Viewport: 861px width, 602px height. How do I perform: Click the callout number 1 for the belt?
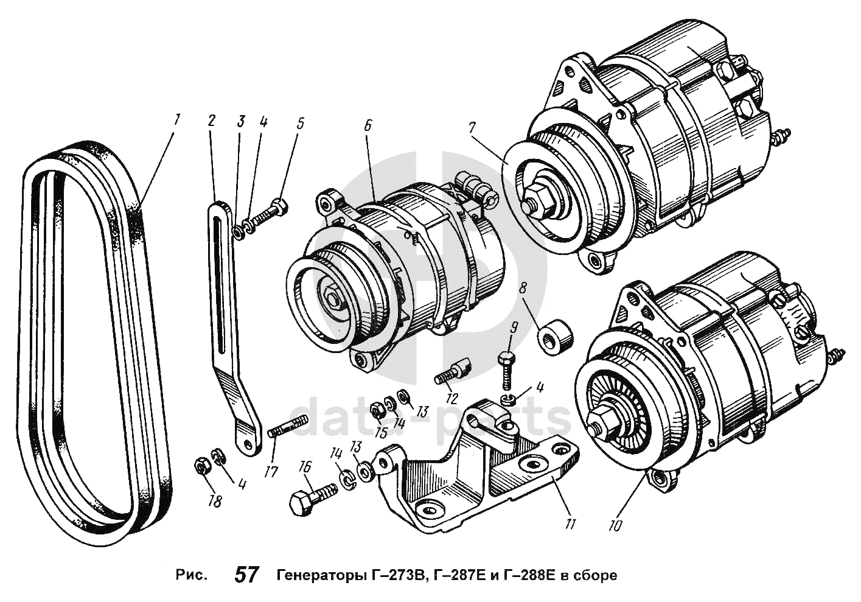click(x=176, y=119)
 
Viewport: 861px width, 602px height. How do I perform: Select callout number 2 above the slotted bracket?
click(x=211, y=120)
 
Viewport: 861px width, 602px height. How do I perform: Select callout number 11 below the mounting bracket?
click(x=570, y=524)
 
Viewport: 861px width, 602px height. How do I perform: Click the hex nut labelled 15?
click(x=377, y=412)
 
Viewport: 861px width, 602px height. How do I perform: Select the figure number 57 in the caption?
click(x=246, y=575)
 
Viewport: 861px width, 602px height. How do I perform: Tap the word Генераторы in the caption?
click(x=316, y=575)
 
